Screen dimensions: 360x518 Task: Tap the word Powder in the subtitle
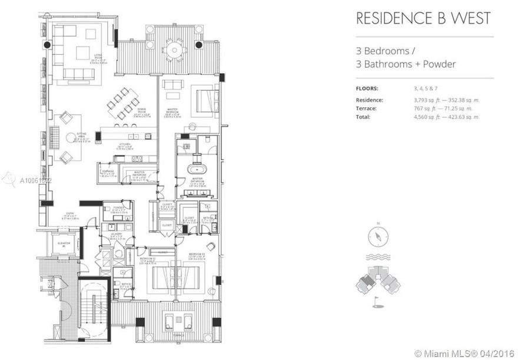click(439, 64)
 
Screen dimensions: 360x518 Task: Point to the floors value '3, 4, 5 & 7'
click(429, 88)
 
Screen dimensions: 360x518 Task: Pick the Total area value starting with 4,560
click(447, 117)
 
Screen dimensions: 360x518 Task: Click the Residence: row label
click(370, 100)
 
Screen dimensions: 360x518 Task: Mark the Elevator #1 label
click(64, 244)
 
